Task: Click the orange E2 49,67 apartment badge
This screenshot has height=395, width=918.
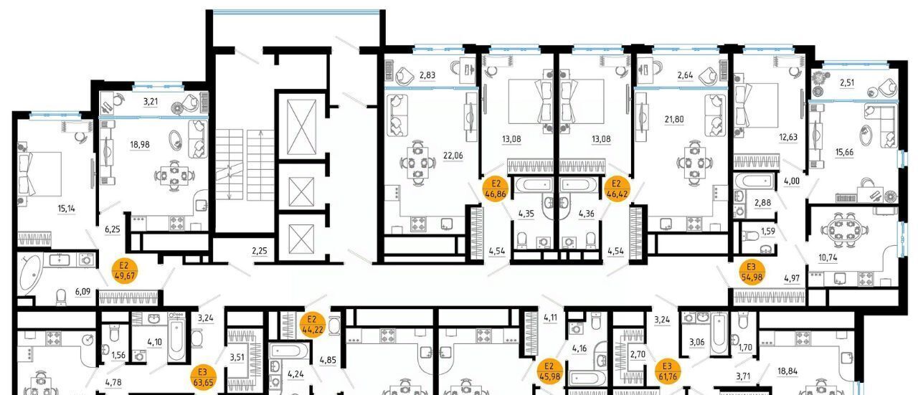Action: [125, 271]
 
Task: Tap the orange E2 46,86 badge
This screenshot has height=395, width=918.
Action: [496, 189]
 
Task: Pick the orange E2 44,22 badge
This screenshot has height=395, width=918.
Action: [312, 324]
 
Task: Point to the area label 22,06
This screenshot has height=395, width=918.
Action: [453, 156]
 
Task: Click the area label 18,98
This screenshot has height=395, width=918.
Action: [140, 145]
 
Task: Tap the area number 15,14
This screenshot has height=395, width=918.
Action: [67, 209]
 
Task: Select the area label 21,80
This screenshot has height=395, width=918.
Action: [674, 119]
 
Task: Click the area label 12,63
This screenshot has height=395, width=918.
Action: [788, 137]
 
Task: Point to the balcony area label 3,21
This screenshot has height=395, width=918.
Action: [151, 101]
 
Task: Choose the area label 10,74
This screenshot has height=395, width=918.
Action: [828, 258]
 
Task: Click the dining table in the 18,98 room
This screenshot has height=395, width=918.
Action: [175, 176]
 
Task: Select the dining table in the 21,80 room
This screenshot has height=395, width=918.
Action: [694, 163]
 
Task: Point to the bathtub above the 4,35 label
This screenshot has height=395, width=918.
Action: [533, 185]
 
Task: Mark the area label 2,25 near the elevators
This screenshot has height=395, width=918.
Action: [260, 250]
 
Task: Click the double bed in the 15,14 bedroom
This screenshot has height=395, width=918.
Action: [40, 174]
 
